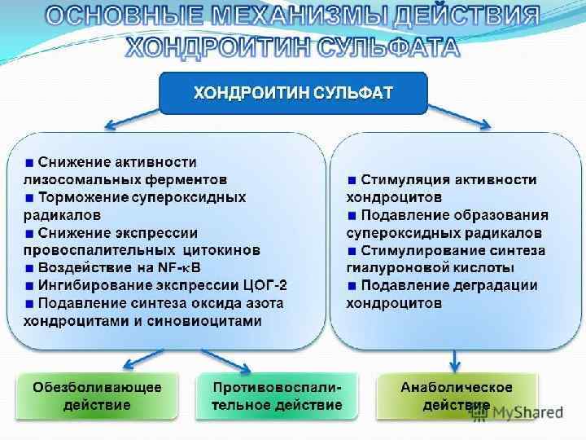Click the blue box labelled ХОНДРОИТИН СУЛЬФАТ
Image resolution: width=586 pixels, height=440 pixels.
[x=293, y=93]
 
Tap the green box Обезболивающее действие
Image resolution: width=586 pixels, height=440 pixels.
[x=98, y=396]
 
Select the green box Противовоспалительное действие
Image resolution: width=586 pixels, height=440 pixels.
[x=277, y=396]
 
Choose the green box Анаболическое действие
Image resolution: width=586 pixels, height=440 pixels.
[x=456, y=396]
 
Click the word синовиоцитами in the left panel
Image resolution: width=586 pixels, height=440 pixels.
[x=212, y=321]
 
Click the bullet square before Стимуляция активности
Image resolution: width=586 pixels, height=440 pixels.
[x=352, y=179]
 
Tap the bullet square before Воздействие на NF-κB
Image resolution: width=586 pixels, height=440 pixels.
[x=30, y=267]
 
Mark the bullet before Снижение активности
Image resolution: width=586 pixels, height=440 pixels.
[x=30, y=161]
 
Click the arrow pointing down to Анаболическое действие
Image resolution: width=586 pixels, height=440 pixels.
[x=454, y=359]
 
